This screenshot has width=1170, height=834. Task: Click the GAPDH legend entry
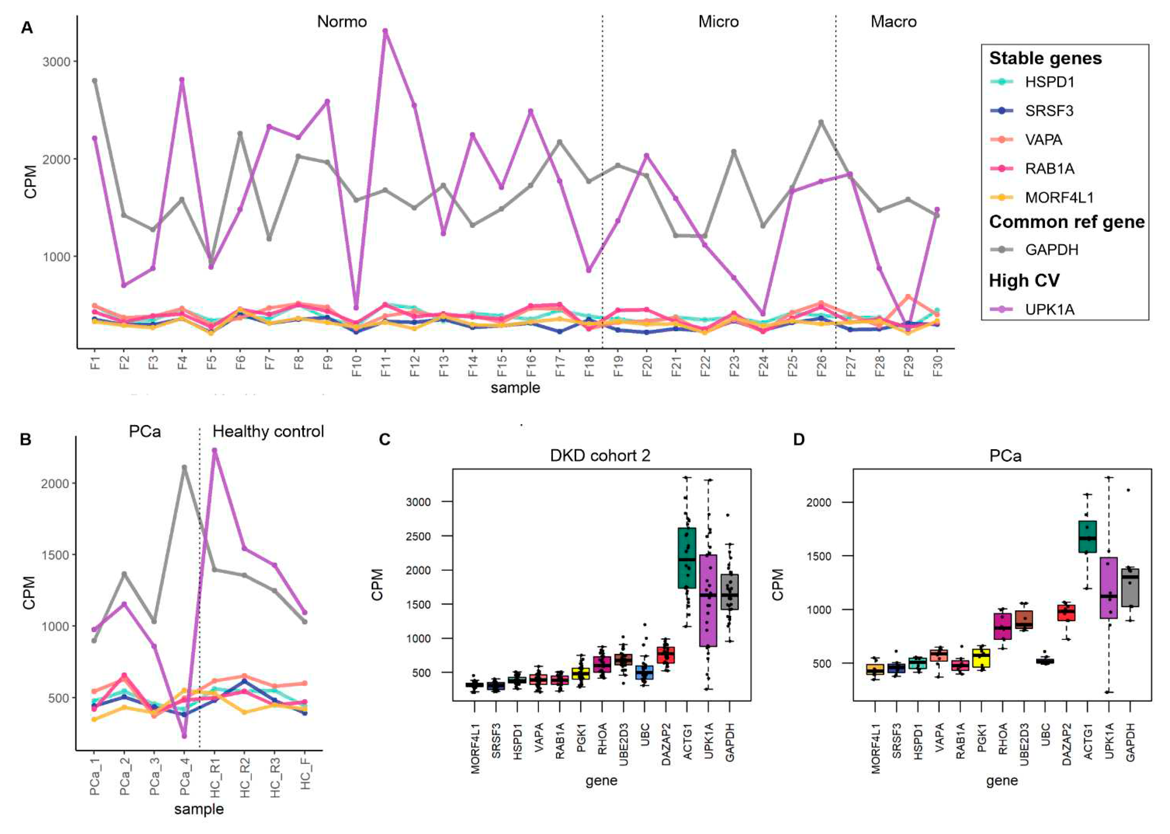(1051, 250)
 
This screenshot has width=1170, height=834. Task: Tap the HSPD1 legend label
(1049, 82)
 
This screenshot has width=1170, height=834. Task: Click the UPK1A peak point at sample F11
(385, 31)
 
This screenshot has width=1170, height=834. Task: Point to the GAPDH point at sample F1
(94, 80)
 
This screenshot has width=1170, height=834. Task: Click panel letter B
(26, 440)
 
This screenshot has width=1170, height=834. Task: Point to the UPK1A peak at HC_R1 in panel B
(215, 450)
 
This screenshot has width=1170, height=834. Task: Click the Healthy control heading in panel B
(268, 431)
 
